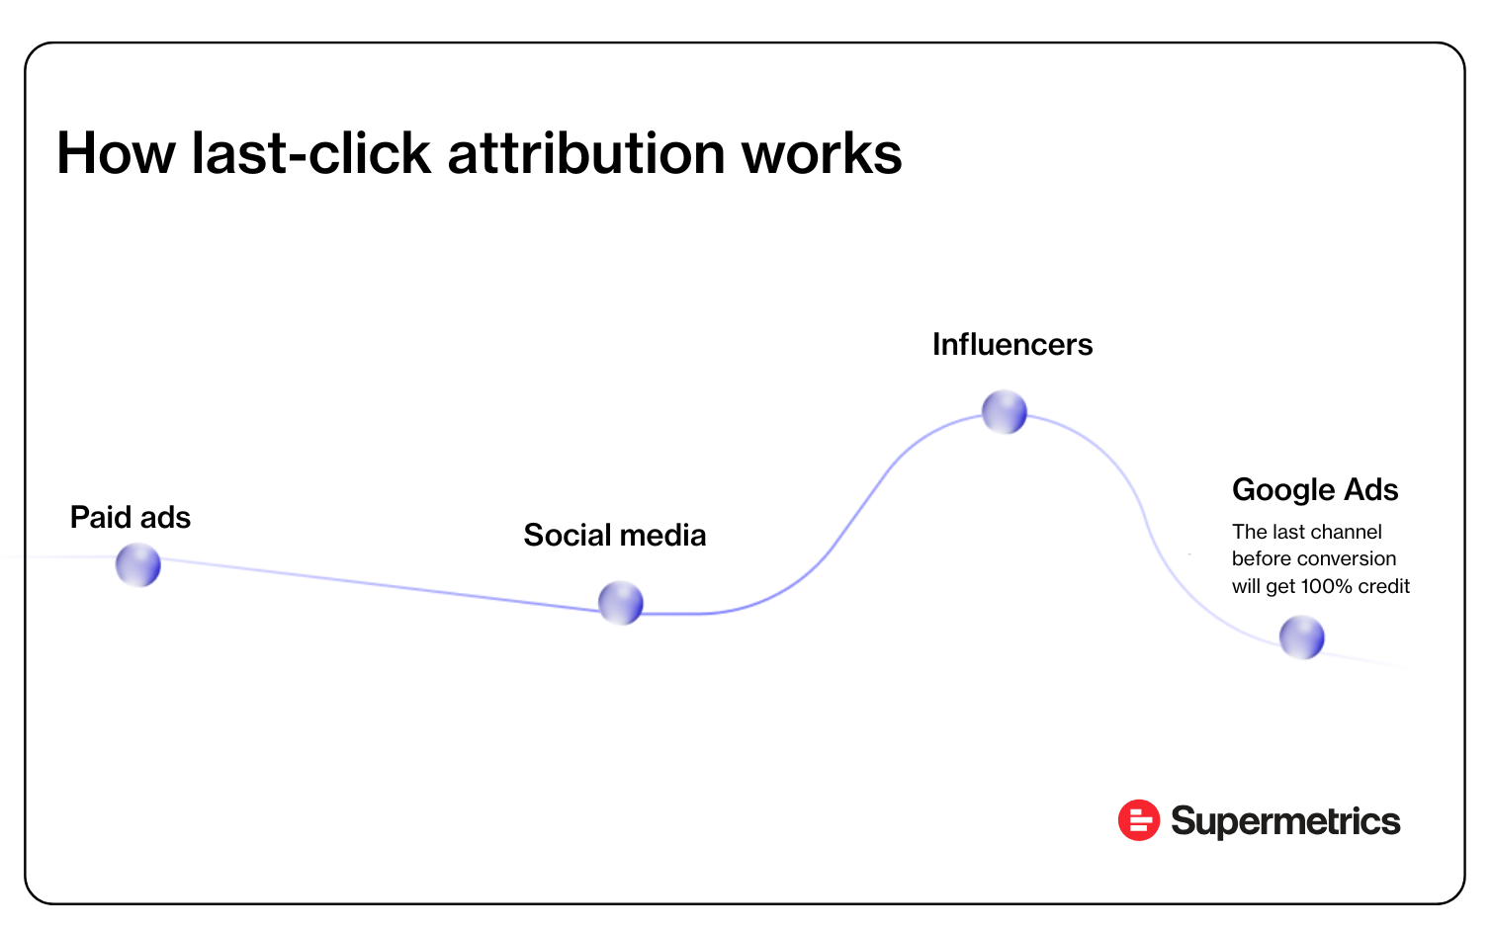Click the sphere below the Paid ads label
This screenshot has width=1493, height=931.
click(138, 565)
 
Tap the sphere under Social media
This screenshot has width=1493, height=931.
click(621, 603)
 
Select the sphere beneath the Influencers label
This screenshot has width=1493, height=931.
click(1005, 412)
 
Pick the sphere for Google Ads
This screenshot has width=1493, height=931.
click(1302, 637)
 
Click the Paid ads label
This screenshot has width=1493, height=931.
click(131, 517)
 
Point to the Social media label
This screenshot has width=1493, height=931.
click(615, 535)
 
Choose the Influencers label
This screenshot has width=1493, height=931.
click(1012, 345)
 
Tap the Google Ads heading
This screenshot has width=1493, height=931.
click(1315, 490)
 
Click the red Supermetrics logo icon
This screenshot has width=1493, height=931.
click(1139, 819)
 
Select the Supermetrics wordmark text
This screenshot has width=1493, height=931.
click(1285, 821)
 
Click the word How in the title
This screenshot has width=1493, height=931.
click(116, 153)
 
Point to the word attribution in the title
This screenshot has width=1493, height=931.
click(586, 153)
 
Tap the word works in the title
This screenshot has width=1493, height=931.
click(822, 153)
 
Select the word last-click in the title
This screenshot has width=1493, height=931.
click(311, 153)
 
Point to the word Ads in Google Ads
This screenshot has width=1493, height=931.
click(1371, 490)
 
